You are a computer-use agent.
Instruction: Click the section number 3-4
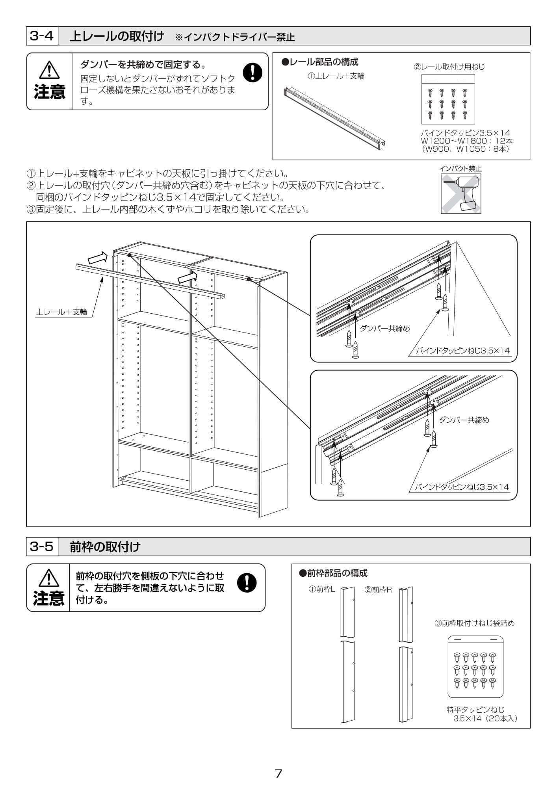point(41,36)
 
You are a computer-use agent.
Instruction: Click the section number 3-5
point(41,546)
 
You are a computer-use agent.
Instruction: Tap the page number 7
point(278,774)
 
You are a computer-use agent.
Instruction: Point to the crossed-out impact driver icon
point(460,194)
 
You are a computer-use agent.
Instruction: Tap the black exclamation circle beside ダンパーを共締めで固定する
point(253,72)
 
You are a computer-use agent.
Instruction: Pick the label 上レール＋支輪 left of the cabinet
point(61,312)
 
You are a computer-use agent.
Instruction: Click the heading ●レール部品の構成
point(320,62)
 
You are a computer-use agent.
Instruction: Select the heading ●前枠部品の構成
point(333,573)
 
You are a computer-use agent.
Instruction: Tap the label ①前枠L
point(321,589)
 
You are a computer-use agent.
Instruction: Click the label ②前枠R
point(378,589)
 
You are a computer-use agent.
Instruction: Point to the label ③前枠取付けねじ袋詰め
point(474,623)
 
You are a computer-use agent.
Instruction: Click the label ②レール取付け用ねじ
point(449,67)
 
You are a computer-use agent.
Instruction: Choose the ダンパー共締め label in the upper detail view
point(385,329)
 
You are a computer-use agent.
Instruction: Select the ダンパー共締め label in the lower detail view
point(464,420)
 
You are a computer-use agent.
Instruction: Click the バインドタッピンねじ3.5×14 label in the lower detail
point(462,487)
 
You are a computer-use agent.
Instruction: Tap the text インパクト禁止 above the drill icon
point(460,169)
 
